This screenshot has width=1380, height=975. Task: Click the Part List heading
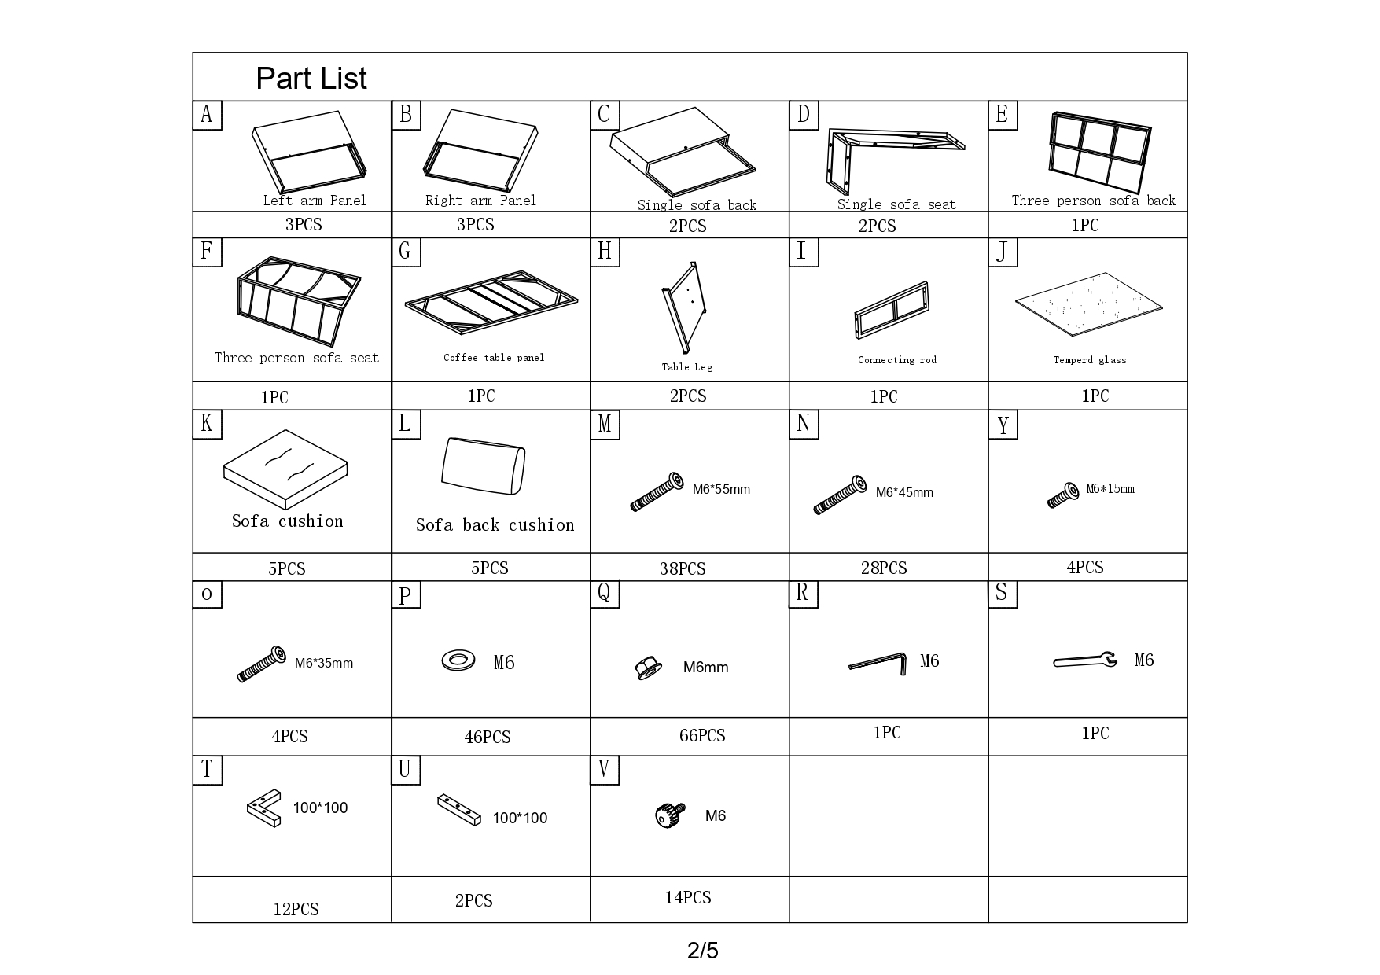[311, 79]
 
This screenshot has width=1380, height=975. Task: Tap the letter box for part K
[207, 424]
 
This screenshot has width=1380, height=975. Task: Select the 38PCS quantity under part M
[683, 568]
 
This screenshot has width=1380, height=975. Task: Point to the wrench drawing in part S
[1085, 660]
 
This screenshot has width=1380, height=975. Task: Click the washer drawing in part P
[458, 660]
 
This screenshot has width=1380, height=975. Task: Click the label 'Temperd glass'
[1090, 360]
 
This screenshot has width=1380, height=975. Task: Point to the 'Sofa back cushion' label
[495, 525]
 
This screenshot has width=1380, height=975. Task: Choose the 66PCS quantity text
[702, 736]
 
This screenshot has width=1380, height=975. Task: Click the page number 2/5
[702, 951]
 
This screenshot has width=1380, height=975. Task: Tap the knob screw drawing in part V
[668, 815]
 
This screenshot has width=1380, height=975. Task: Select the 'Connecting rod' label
[897, 360]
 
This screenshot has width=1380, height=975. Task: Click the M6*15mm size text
[1110, 489]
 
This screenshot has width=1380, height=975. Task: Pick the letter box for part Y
[1003, 425]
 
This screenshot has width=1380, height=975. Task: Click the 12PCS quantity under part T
[296, 910]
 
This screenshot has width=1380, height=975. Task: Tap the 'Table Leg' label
[686, 367]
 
